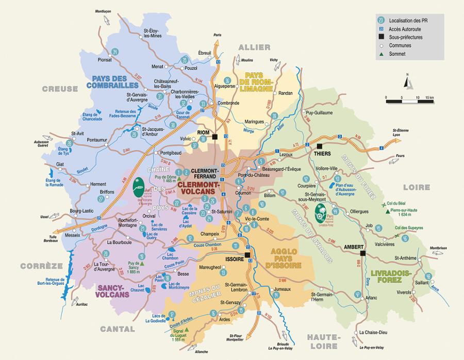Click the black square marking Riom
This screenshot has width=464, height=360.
click(216, 137)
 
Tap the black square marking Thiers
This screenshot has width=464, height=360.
click(319, 146)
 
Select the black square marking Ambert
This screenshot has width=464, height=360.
click(362, 253)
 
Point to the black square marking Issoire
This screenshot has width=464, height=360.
click(247, 255)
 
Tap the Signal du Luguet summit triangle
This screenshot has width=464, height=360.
click(187, 329)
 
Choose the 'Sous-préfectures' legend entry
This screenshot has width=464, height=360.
click(405, 37)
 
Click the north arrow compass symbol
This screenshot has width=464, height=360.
click(407, 83)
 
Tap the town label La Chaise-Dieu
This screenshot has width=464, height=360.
click(374, 332)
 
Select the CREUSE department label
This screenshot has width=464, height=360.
click(60, 89)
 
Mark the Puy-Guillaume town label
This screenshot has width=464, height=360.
click(319, 112)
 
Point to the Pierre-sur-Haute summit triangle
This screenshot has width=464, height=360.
click(386, 211)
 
